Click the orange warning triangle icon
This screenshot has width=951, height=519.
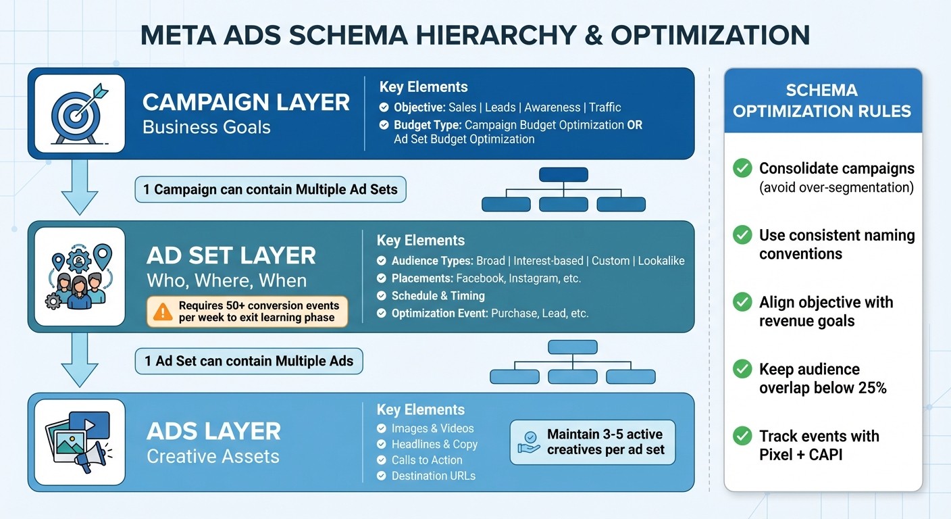[163, 312]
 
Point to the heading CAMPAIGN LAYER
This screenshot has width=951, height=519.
[246, 103]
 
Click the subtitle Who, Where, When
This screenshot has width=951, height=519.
[226, 280]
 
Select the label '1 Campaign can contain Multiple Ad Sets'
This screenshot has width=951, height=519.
[270, 189]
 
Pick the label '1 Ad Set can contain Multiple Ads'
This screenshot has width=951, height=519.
[249, 361]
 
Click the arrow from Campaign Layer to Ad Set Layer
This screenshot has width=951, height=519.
[79, 190]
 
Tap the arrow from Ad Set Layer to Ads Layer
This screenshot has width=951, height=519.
[79, 362]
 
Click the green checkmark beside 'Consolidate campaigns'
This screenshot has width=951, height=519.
[742, 168]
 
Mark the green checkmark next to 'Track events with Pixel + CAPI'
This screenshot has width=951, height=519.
[742, 436]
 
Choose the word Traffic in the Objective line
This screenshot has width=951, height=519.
[605, 107]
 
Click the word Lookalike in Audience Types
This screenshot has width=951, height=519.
[661, 261]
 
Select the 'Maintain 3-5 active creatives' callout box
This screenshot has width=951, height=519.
[592, 442]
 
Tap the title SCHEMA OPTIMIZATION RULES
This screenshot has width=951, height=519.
[822, 100]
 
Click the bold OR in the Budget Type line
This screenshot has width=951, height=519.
[634, 125]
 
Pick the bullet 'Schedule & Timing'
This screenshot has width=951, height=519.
[438, 296]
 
